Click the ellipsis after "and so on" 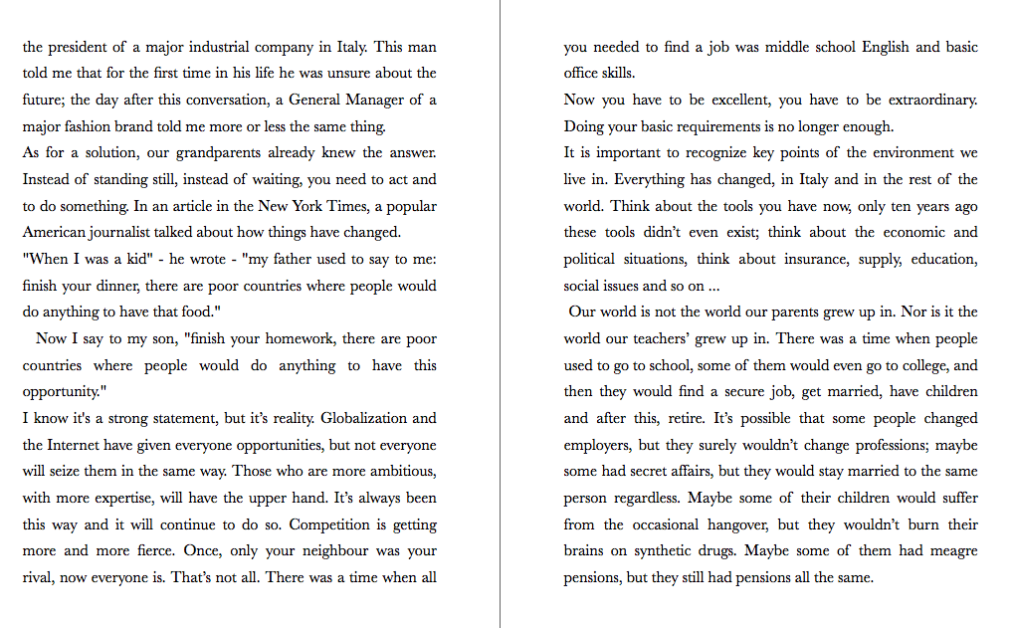point(710,286)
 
